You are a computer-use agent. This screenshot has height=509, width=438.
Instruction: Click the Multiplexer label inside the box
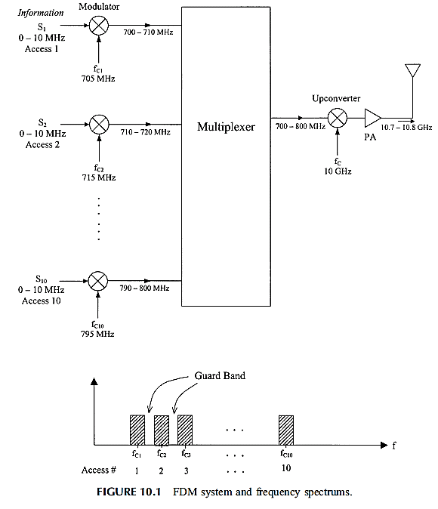pyautogui.click(x=226, y=127)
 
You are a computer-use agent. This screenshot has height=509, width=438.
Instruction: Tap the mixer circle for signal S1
pyautogui.click(x=99, y=26)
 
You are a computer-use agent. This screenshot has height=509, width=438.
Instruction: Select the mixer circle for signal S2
pyautogui.click(x=99, y=125)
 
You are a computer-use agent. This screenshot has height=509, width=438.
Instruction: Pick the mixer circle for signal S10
pyautogui.click(x=98, y=281)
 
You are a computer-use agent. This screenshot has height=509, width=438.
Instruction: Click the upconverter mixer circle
pyautogui.click(x=338, y=118)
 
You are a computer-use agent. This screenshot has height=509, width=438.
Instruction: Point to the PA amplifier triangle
pyautogui.click(x=372, y=118)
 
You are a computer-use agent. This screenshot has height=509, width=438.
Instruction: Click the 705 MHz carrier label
pyautogui.click(x=98, y=79)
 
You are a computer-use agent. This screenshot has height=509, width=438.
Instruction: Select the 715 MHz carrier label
pyautogui.click(x=99, y=177)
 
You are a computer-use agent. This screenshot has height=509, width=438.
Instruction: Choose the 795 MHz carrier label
pyautogui.click(x=97, y=334)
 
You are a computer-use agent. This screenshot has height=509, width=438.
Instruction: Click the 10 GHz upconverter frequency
pyautogui.click(x=338, y=171)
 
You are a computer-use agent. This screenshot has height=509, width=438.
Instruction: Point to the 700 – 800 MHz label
pyautogui.click(x=301, y=126)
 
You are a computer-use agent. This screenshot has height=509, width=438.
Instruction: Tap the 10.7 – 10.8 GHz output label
pyautogui.click(x=406, y=127)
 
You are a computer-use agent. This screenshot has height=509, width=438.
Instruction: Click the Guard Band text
pyautogui.click(x=220, y=375)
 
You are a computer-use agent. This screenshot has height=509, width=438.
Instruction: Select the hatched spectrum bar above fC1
pyautogui.click(x=137, y=430)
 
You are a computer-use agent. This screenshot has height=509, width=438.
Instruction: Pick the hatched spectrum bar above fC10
pyautogui.click(x=286, y=430)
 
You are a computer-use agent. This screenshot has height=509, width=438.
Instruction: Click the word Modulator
pyautogui.click(x=99, y=7)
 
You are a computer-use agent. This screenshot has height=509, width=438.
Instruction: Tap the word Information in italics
pyautogui.click(x=41, y=13)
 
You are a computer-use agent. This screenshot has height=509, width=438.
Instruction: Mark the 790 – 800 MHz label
pyautogui.click(x=144, y=288)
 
